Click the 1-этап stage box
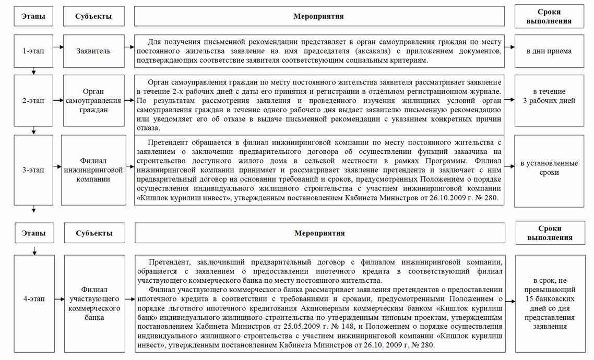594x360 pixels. point(34,51)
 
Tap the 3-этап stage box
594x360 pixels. point(34,170)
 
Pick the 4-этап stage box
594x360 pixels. point(34,299)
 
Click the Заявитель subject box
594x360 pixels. point(93,51)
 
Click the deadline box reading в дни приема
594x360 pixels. point(549,51)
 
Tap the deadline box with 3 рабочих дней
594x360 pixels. point(549,97)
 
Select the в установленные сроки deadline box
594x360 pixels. point(549,167)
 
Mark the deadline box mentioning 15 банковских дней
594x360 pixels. point(550,303)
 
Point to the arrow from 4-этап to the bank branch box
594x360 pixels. point(59,299)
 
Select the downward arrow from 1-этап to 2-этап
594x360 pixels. point(34,71)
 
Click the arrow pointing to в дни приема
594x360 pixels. point(509,51)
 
